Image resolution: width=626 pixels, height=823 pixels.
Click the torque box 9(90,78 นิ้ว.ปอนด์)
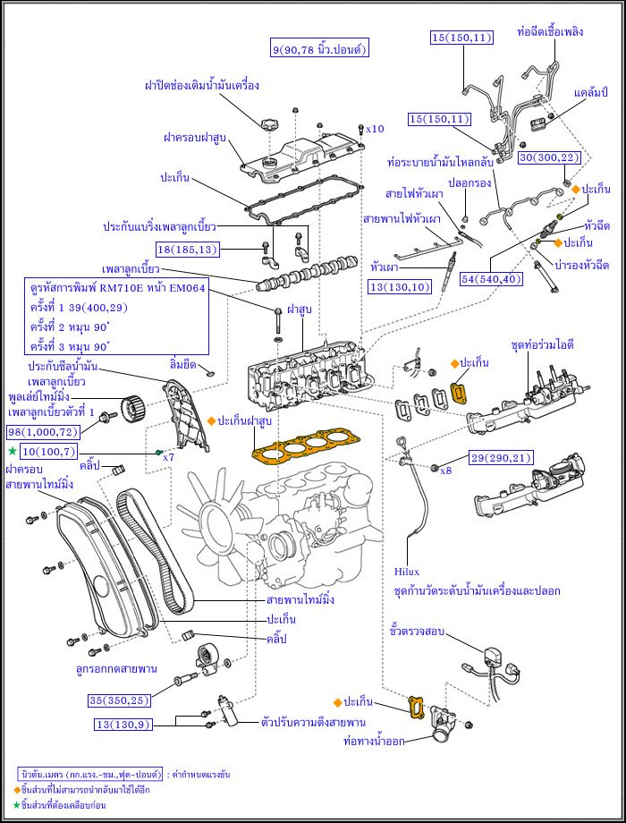(319, 47)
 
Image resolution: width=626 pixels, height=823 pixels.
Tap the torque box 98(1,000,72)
(41, 432)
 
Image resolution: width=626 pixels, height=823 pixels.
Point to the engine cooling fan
(218, 519)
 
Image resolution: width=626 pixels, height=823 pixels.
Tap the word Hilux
(406, 571)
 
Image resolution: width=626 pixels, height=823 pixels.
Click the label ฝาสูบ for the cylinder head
(300, 310)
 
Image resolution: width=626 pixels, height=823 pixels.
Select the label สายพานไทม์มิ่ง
(300, 599)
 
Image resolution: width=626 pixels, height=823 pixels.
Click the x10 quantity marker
(375, 129)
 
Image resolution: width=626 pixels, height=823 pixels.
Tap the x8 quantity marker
(447, 470)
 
